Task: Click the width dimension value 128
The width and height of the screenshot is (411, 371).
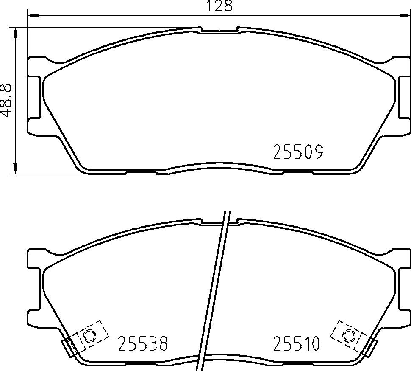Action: [x=219, y=6]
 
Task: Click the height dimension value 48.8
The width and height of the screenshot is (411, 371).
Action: [x=6, y=101]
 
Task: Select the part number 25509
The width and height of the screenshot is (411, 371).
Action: [x=298, y=152]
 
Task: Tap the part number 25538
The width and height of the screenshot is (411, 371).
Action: [x=143, y=343]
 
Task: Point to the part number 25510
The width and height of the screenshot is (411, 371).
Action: [x=297, y=343]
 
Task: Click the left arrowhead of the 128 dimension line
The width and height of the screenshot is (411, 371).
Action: [x=33, y=16]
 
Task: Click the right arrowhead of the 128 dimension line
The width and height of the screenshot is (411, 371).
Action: [x=405, y=16]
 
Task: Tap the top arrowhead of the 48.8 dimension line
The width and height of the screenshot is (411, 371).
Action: [x=16, y=33]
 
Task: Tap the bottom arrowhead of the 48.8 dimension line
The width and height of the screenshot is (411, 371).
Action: [x=16, y=168]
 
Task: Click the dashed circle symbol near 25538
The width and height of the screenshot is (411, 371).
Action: [x=89, y=335]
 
